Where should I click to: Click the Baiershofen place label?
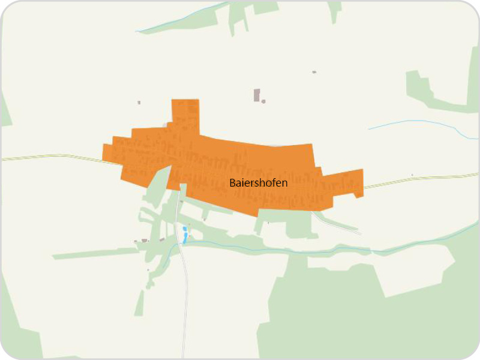tap(258, 183)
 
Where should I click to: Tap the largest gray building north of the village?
tap(257, 95)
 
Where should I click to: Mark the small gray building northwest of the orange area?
tap(139, 103)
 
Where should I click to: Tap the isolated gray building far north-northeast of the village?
tap(314, 72)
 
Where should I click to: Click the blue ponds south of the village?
tap(185, 234)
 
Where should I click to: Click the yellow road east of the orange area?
tap(420, 179)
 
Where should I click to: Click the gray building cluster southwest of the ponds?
tap(144, 241)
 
